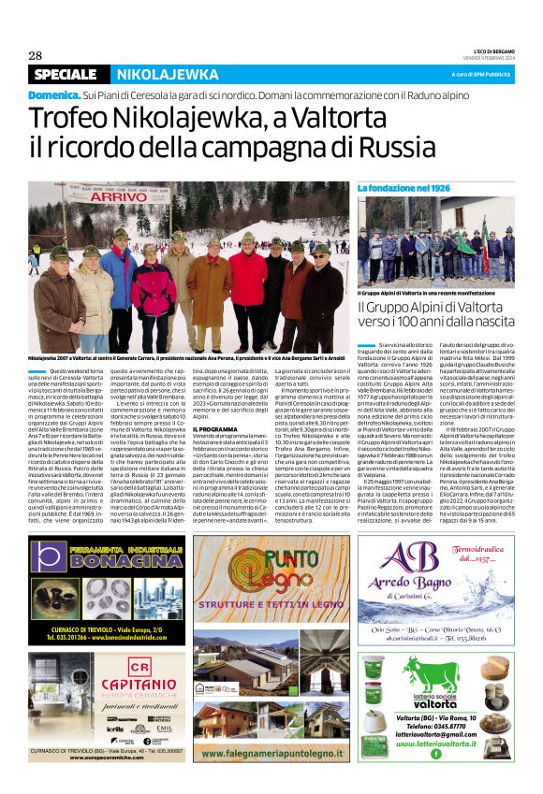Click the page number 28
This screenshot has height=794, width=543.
(36, 54)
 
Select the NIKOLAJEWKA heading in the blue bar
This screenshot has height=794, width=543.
(168, 74)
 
